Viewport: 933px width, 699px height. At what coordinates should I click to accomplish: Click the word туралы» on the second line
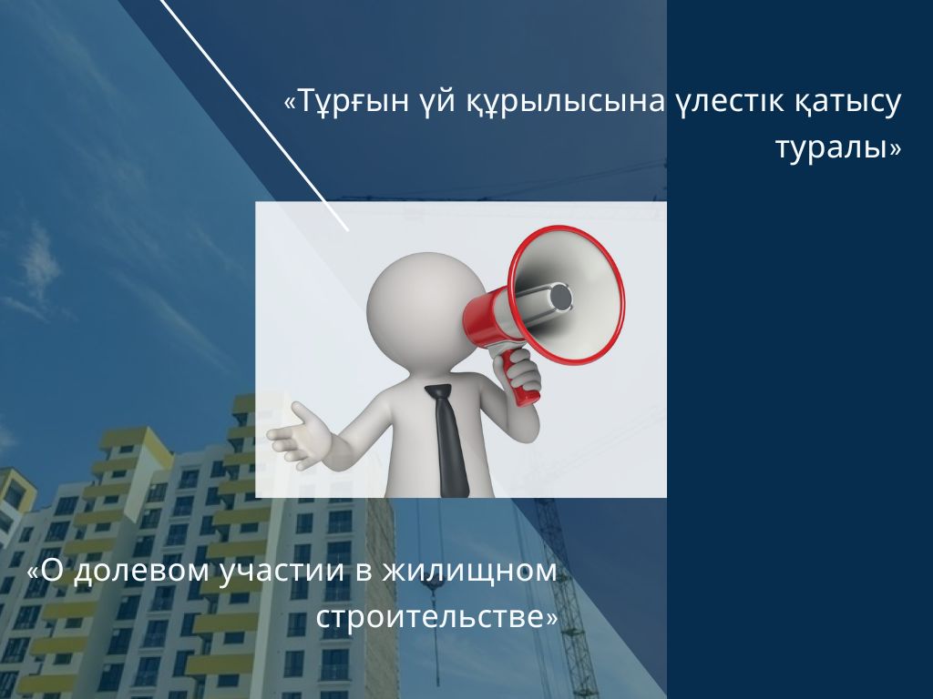click(x=838, y=147)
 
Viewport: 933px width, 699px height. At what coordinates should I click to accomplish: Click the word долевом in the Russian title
click(x=141, y=572)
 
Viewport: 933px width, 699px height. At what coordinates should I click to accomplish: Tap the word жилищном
click(x=469, y=572)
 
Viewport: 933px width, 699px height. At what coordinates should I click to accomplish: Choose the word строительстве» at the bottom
click(x=437, y=616)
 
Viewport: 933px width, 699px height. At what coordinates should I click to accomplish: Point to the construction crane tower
click(x=565, y=594)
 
